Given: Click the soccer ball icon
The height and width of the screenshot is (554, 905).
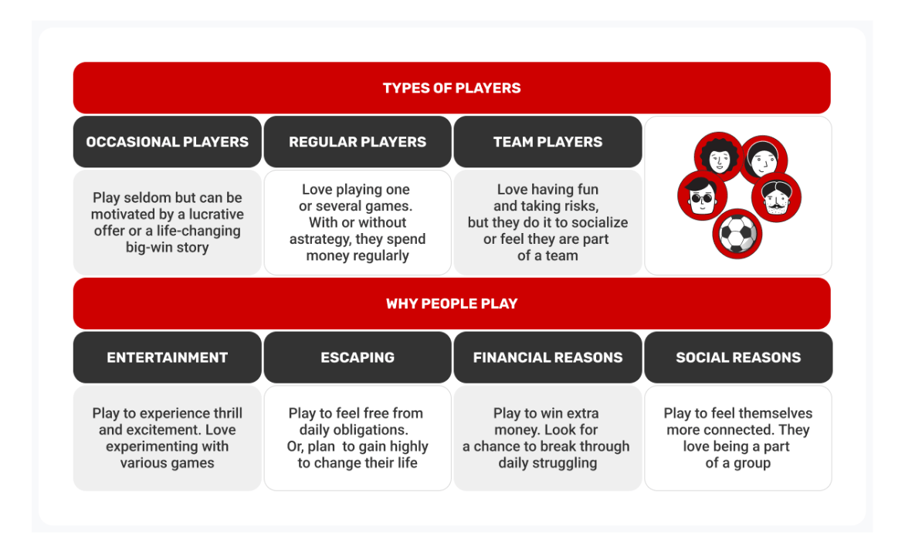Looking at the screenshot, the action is [x=737, y=234].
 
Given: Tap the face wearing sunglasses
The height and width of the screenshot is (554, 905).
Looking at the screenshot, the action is [x=703, y=196].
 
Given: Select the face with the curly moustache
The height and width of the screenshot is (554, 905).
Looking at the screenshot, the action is [x=776, y=198].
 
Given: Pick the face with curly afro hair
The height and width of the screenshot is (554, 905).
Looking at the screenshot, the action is [x=719, y=157].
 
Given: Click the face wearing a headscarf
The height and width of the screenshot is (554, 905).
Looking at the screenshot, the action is [x=764, y=160].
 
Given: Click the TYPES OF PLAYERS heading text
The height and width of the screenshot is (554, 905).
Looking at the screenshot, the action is [x=452, y=88].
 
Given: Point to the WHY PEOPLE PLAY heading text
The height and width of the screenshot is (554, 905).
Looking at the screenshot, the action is [x=452, y=304].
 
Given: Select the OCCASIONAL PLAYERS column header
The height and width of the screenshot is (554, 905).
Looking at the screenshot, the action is [x=168, y=142].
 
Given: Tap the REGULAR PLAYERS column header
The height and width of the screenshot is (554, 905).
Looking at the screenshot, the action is [x=358, y=142].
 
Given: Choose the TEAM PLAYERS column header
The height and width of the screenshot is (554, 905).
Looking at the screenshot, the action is [x=547, y=142].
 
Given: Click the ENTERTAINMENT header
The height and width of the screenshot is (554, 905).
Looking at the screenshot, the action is [x=168, y=357].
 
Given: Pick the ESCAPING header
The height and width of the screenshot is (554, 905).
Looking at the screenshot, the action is [x=358, y=357].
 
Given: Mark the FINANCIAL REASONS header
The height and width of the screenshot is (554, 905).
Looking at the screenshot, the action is [x=547, y=357].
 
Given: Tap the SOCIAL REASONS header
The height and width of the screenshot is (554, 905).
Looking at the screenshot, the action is [x=738, y=357].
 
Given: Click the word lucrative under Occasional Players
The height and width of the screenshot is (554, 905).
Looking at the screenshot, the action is [x=216, y=215].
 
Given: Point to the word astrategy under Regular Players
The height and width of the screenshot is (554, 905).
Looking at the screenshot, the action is [x=317, y=240].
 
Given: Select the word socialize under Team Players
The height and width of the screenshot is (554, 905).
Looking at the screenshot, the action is [x=600, y=222].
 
